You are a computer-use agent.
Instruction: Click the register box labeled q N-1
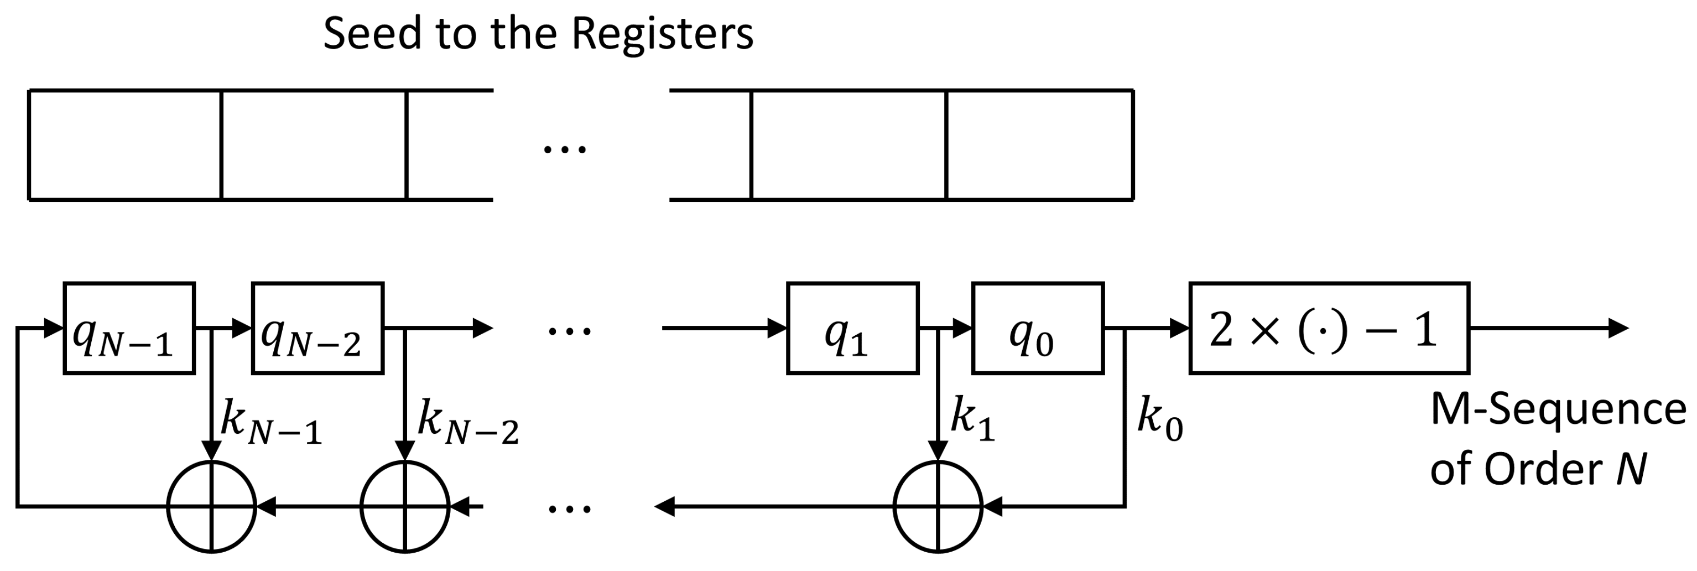129,329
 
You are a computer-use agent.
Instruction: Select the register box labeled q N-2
317,329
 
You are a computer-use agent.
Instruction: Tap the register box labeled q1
852,329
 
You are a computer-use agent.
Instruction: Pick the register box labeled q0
1038,329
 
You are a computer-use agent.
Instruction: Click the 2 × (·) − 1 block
1329,329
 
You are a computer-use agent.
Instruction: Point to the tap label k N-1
270,422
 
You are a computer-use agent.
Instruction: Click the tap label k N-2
468,422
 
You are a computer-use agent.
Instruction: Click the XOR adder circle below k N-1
211,506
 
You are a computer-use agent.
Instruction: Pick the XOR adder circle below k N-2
404,506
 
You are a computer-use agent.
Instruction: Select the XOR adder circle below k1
938,506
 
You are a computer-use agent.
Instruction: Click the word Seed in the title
372,34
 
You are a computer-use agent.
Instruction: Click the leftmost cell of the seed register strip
125,145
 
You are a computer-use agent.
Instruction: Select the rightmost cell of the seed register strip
1039,145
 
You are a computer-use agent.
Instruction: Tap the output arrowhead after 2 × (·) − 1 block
1618,328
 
